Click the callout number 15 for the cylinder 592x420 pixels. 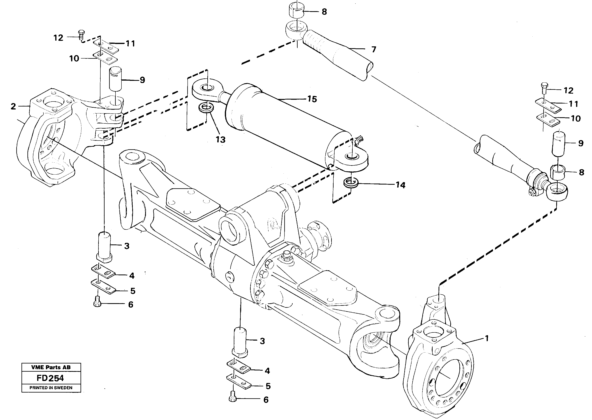(312, 99)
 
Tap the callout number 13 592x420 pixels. (221, 140)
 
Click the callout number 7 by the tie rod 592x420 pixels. (374, 49)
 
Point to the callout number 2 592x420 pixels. (13, 106)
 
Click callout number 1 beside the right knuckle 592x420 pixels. (486, 338)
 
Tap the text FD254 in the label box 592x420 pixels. (50, 378)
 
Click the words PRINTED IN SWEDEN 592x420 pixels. (51, 388)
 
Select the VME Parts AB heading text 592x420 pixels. (51, 367)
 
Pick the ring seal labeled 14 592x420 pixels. (351, 183)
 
